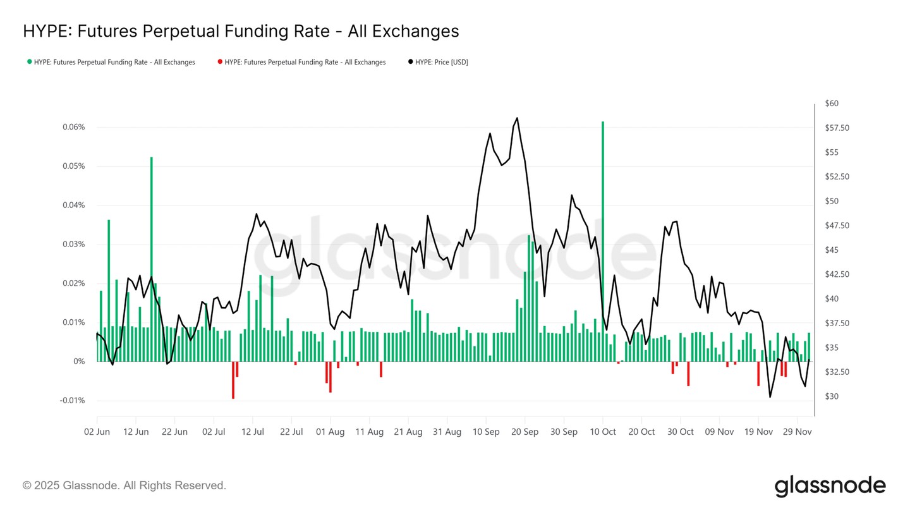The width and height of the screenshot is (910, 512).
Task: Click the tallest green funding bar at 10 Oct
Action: click(x=603, y=241)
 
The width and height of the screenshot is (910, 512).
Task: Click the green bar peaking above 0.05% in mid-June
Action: click(x=152, y=259)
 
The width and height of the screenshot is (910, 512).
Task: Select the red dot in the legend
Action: click(x=220, y=62)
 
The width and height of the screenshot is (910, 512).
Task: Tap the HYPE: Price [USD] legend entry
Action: click(x=439, y=62)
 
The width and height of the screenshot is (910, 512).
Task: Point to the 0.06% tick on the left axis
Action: click(x=73, y=127)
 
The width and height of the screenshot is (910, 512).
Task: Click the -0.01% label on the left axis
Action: click(x=72, y=401)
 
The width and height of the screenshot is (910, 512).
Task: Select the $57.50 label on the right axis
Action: click(x=837, y=128)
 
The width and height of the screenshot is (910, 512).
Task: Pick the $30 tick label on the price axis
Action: click(x=832, y=396)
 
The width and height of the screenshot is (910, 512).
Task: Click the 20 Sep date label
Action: click(x=525, y=432)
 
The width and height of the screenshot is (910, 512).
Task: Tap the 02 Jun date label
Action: click(x=97, y=432)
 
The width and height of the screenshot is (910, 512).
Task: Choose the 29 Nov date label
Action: click(x=797, y=432)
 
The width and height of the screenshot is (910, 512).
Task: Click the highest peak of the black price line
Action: click(x=517, y=118)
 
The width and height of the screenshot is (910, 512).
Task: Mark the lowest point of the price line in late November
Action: click(x=770, y=397)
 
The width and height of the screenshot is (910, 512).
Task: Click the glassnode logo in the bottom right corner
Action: click(x=830, y=486)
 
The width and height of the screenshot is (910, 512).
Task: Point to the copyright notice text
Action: click(x=124, y=485)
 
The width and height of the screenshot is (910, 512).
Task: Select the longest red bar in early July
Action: click(x=233, y=380)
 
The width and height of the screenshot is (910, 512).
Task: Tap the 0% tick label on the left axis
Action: click(x=79, y=362)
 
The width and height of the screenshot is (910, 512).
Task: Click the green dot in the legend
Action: click(x=29, y=62)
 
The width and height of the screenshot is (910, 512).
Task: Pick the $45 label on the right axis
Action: click(x=832, y=250)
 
